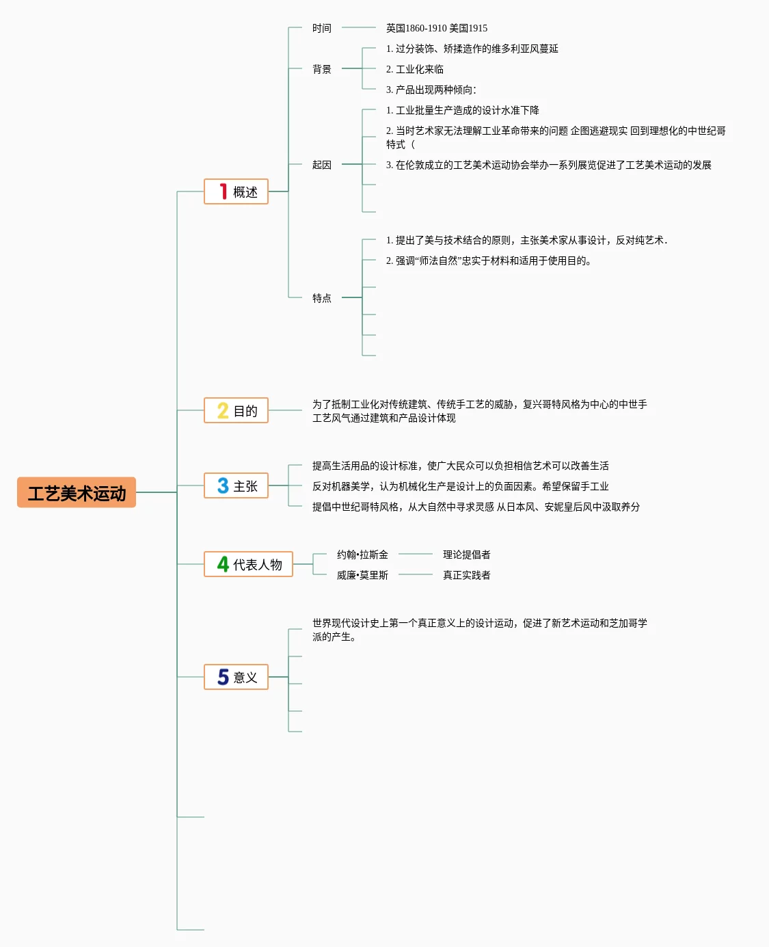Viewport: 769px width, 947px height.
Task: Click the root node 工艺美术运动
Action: coord(77,492)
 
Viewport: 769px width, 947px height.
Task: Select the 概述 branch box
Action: coord(236,191)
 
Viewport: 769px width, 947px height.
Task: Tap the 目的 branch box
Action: coord(236,410)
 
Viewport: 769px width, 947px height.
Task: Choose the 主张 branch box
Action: coord(236,485)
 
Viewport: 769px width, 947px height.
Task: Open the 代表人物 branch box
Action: coord(248,564)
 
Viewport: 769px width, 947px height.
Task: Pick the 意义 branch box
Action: coord(236,677)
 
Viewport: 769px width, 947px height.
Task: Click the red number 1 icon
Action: coord(223,191)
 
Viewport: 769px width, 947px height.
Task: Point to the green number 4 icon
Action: coord(223,564)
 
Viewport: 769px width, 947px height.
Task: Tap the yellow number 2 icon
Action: coord(223,410)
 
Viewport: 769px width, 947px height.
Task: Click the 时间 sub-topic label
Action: coord(321,28)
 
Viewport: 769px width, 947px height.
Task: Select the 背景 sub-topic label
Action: coord(321,69)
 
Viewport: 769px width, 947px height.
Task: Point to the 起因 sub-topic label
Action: coord(321,165)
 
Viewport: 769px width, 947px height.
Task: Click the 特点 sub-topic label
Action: coord(321,298)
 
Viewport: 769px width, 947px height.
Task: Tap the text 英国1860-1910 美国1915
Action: coord(436,28)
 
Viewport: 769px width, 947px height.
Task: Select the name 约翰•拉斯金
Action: coord(362,555)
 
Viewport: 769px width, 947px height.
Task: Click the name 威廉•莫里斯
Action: coord(362,575)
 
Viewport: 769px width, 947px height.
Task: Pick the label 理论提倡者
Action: coord(466,555)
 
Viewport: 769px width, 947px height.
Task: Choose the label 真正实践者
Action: coord(466,575)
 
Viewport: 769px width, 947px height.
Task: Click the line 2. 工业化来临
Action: coord(414,69)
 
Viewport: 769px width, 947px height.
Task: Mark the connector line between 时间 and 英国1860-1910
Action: coord(358,27)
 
